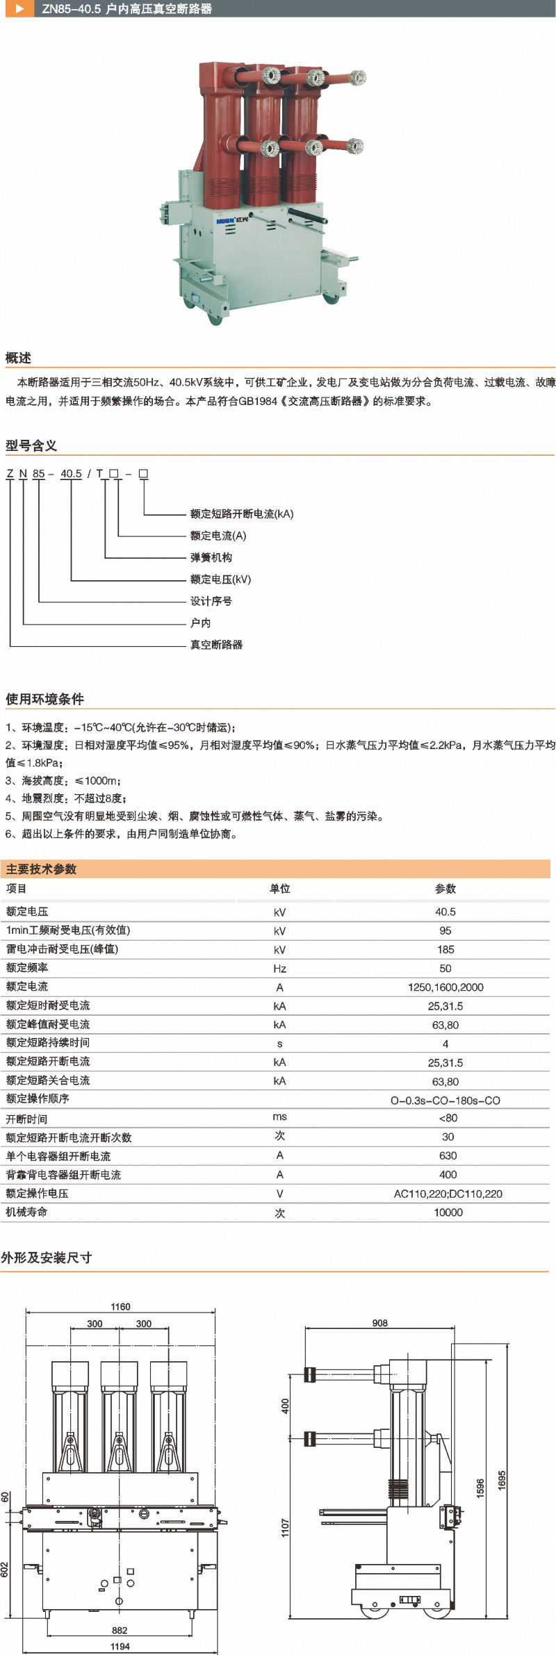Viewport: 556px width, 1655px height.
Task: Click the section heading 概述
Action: [x=19, y=358]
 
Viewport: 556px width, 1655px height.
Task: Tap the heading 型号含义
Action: [x=31, y=445]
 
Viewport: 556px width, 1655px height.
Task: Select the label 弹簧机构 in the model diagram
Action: [x=211, y=557]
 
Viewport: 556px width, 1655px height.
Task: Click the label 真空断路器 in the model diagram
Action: [x=216, y=645]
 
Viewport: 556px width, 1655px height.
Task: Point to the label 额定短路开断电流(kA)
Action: [x=242, y=514]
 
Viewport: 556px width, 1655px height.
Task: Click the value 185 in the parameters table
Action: [x=445, y=949]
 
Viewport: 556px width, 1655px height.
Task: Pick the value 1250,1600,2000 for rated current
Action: [x=445, y=987]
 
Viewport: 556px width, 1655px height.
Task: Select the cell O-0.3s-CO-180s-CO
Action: [x=445, y=1100]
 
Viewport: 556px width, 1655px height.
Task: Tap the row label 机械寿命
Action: [x=27, y=1212]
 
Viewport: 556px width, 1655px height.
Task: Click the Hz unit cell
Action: [x=279, y=969]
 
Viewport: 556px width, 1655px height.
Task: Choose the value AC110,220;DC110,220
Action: [x=448, y=1194]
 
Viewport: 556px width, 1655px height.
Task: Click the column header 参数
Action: [x=445, y=889]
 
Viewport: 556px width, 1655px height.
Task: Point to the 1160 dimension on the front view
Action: [x=120, y=1307]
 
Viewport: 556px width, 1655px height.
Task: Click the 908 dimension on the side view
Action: [x=379, y=1323]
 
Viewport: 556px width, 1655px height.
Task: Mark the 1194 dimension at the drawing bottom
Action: [x=120, y=1646]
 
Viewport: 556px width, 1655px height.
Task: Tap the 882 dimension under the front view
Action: [x=120, y=1630]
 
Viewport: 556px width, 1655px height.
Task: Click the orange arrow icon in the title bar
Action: [x=19, y=9]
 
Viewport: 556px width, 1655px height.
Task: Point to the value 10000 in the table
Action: [x=448, y=1212]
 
